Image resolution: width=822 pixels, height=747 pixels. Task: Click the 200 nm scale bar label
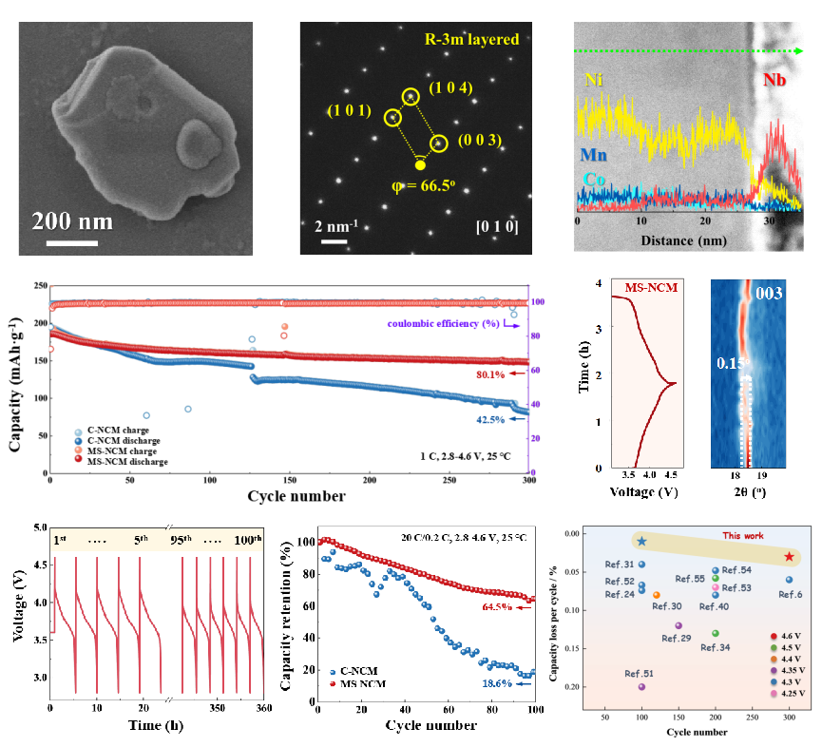point(72,221)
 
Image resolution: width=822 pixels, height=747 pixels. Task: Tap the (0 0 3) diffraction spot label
point(479,142)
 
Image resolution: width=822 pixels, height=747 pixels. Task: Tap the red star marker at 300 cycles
point(789,556)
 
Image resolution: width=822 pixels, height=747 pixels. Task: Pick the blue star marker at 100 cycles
point(641,541)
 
